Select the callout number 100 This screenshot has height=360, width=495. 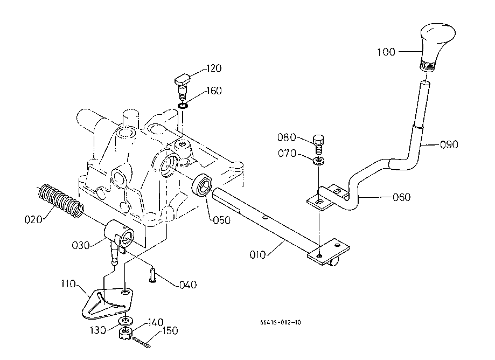(x=386, y=52)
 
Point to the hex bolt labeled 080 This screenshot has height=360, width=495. (x=319, y=144)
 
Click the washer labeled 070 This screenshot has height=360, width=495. (x=319, y=161)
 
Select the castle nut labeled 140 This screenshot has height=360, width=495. (x=126, y=333)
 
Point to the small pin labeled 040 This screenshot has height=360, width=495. (x=153, y=275)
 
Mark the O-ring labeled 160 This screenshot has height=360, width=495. (x=183, y=106)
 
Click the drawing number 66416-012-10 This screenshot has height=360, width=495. (x=280, y=322)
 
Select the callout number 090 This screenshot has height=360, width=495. (x=449, y=144)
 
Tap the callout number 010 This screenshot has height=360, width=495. (x=257, y=254)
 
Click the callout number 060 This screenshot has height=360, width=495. (x=402, y=197)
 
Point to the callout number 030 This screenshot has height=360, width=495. (x=81, y=245)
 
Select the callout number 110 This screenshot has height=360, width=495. (x=68, y=284)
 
